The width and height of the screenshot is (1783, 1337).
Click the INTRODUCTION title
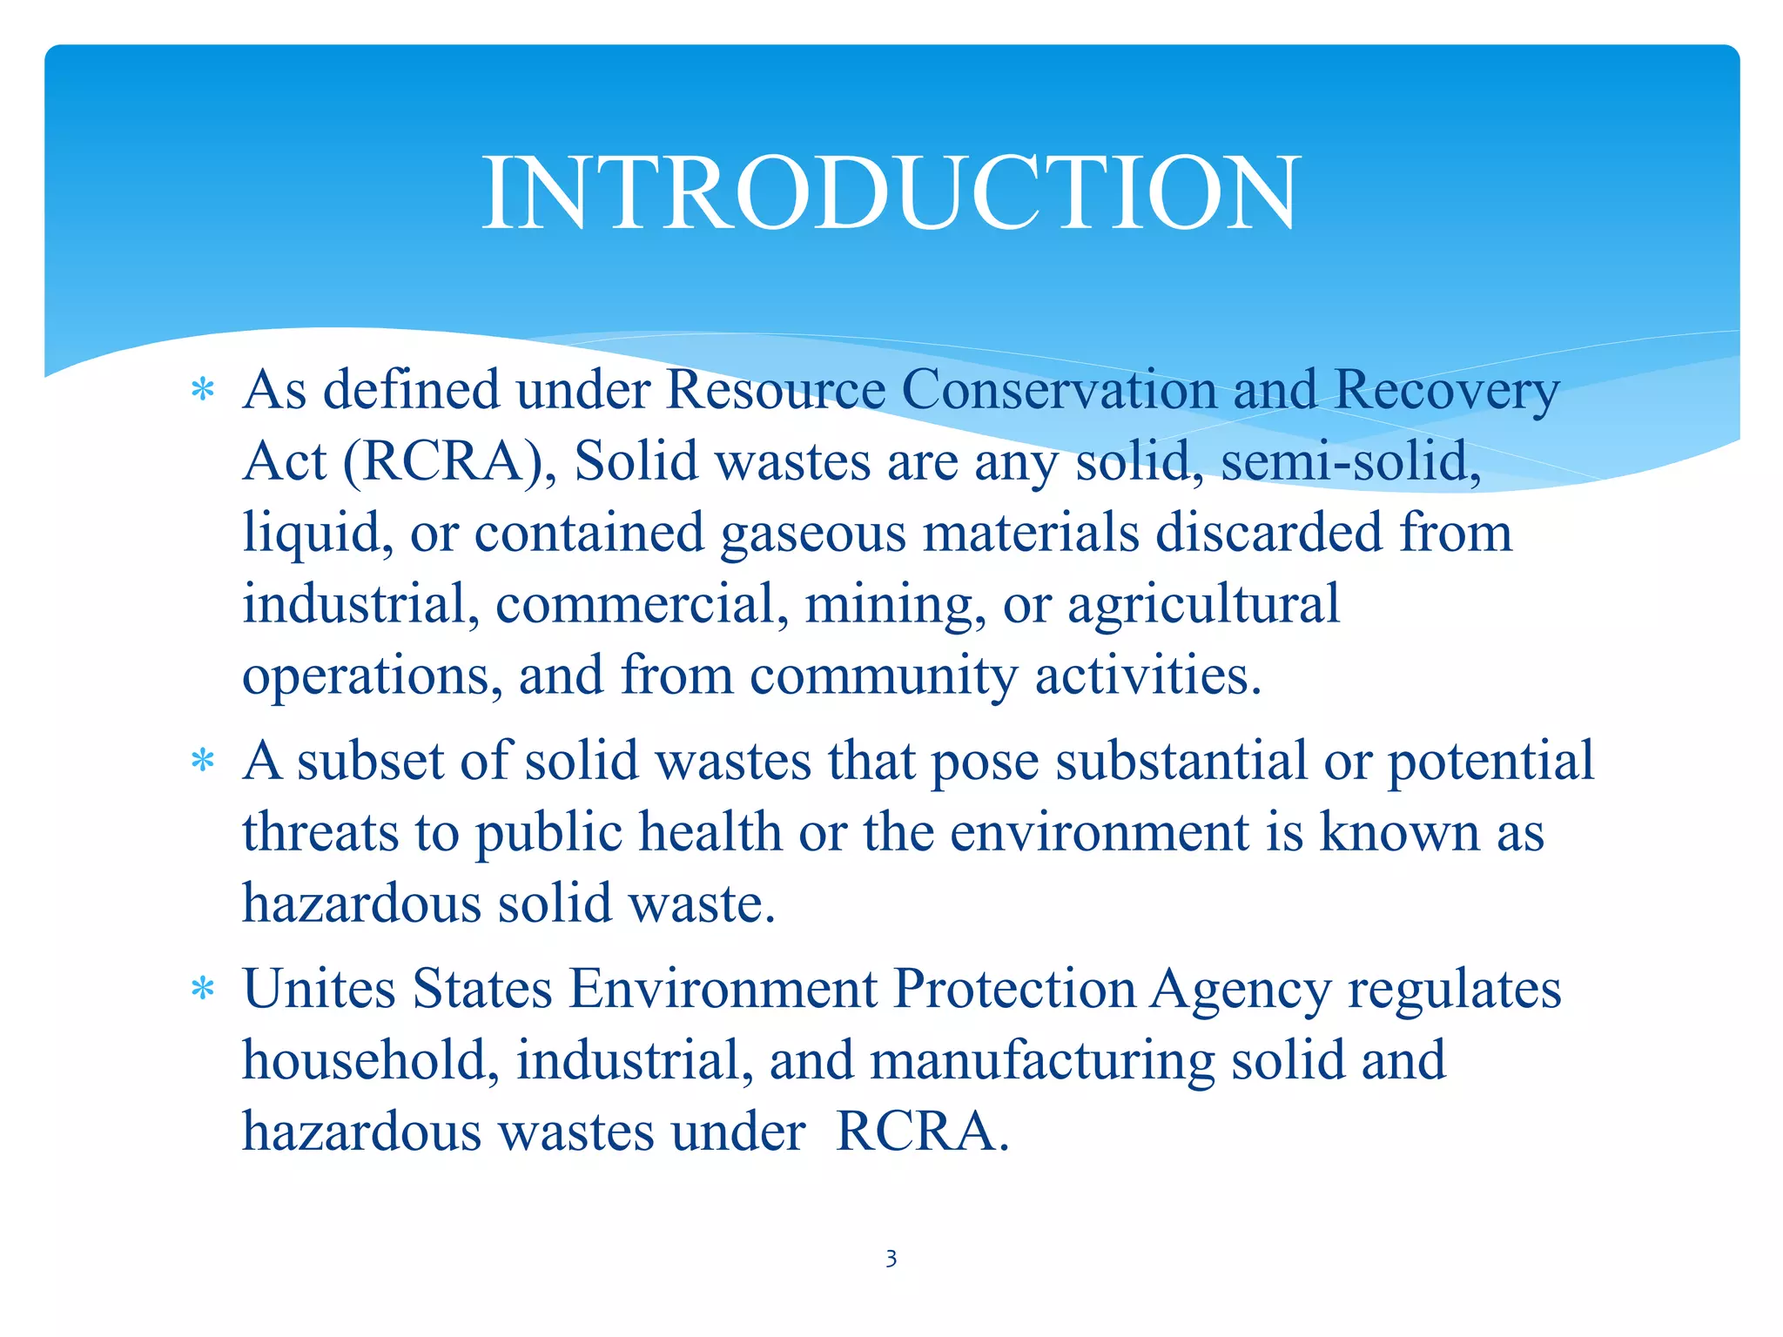coord(891,193)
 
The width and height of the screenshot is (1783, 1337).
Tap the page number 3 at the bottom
coord(891,1259)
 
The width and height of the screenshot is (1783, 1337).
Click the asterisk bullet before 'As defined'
coord(203,391)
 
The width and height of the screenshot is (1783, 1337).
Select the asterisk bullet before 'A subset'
coord(203,763)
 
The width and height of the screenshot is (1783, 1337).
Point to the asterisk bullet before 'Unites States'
coord(203,991)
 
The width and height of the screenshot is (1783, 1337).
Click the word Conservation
coord(1058,390)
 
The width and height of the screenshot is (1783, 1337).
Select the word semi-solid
coord(1350,461)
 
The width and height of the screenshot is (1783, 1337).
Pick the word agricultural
coord(1203,605)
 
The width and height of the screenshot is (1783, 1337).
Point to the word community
coord(883,676)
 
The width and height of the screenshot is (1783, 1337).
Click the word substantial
coord(1181,761)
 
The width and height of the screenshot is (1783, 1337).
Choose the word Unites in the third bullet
coord(319,990)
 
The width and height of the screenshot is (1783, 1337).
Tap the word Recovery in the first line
coord(1446,392)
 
